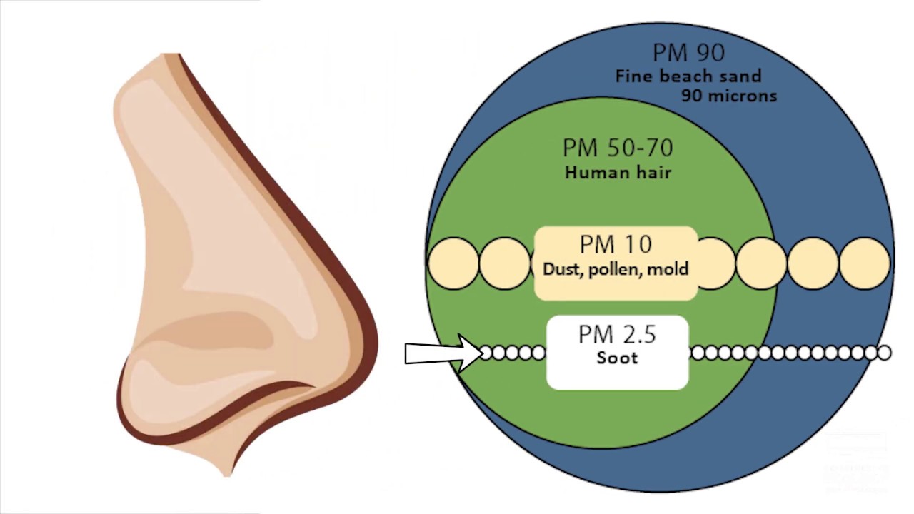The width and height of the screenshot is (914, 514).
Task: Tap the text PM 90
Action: (688, 53)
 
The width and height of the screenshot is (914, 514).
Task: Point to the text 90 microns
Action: (728, 95)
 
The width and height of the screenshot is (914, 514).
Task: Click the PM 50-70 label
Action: (618, 148)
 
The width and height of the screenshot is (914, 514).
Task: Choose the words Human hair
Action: (618, 172)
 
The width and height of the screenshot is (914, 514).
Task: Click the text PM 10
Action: (616, 245)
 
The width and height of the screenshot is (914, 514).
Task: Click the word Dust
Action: (562, 269)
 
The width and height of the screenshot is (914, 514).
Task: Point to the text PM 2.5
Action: (617, 334)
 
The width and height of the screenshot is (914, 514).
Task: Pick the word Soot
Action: (617, 358)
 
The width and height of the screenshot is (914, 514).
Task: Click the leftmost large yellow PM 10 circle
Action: (453, 263)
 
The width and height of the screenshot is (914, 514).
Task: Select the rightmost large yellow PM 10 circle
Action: (865, 263)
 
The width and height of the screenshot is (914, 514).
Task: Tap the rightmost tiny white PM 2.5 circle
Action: (884, 353)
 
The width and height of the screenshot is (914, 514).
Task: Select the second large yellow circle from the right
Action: (813, 263)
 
